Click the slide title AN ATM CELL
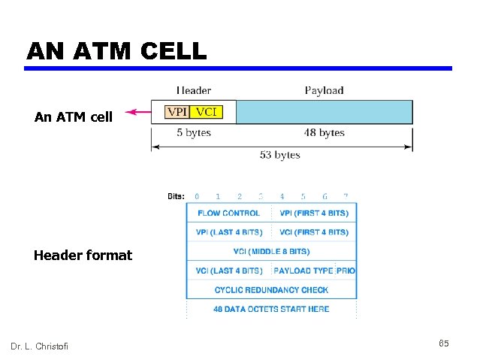116,50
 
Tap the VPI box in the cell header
177,112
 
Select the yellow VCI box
205,112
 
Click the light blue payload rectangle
324,112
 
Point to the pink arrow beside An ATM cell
137,113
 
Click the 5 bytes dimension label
194,133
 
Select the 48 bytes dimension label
324,133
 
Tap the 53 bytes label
279,155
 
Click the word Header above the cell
193,90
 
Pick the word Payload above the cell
324,90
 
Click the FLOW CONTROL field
228,213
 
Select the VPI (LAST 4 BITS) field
228,232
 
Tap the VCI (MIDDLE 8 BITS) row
272,251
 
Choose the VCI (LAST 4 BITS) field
228,271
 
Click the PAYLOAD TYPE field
303,271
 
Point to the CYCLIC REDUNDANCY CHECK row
272,289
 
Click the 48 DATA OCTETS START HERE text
272,309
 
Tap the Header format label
83,256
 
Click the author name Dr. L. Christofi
39,346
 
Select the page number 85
443,343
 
